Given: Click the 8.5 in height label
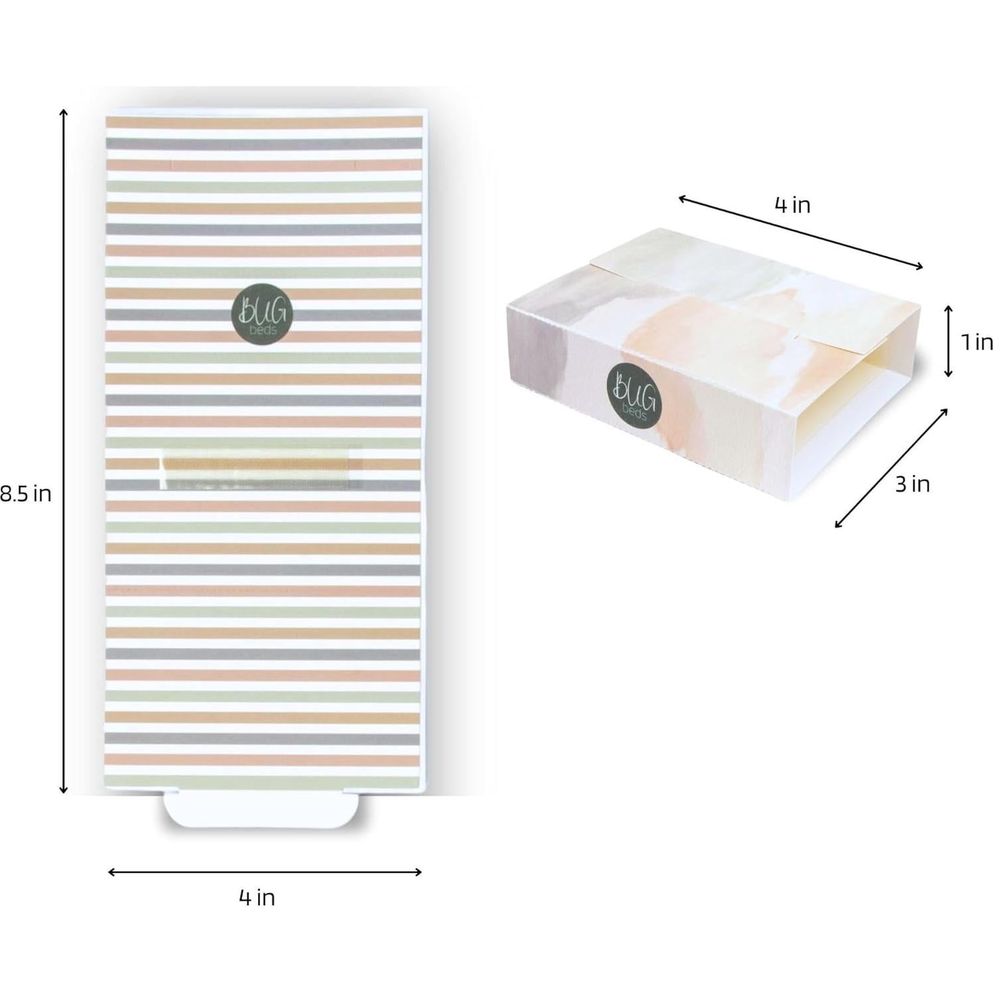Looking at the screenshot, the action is (25, 494).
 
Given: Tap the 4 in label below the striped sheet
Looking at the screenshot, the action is (257, 897).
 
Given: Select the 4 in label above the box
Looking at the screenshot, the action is (792, 205).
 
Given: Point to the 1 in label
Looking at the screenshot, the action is (977, 342).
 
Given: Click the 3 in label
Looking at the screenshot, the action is (912, 484).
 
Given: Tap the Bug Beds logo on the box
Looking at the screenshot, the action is (634, 397).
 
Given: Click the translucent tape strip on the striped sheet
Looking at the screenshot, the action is (260, 468).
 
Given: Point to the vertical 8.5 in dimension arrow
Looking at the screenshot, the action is (64, 451).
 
